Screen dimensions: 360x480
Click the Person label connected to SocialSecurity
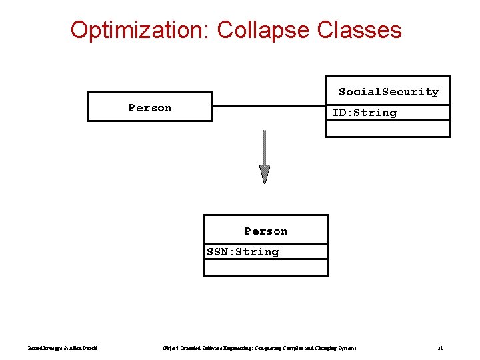coord(150,107)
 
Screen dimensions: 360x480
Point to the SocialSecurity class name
coord(388,91)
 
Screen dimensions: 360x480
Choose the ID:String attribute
coord(364,113)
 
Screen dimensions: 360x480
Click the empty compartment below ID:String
coord(387,128)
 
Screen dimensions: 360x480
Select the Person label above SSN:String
coord(265,231)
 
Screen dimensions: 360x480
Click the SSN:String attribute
coord(243,251)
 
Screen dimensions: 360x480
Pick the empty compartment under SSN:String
coord(265,267)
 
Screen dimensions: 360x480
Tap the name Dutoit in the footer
coord(91,348)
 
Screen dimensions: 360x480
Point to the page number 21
coord(441,348)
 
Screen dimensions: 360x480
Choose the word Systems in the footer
coord(345,348)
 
